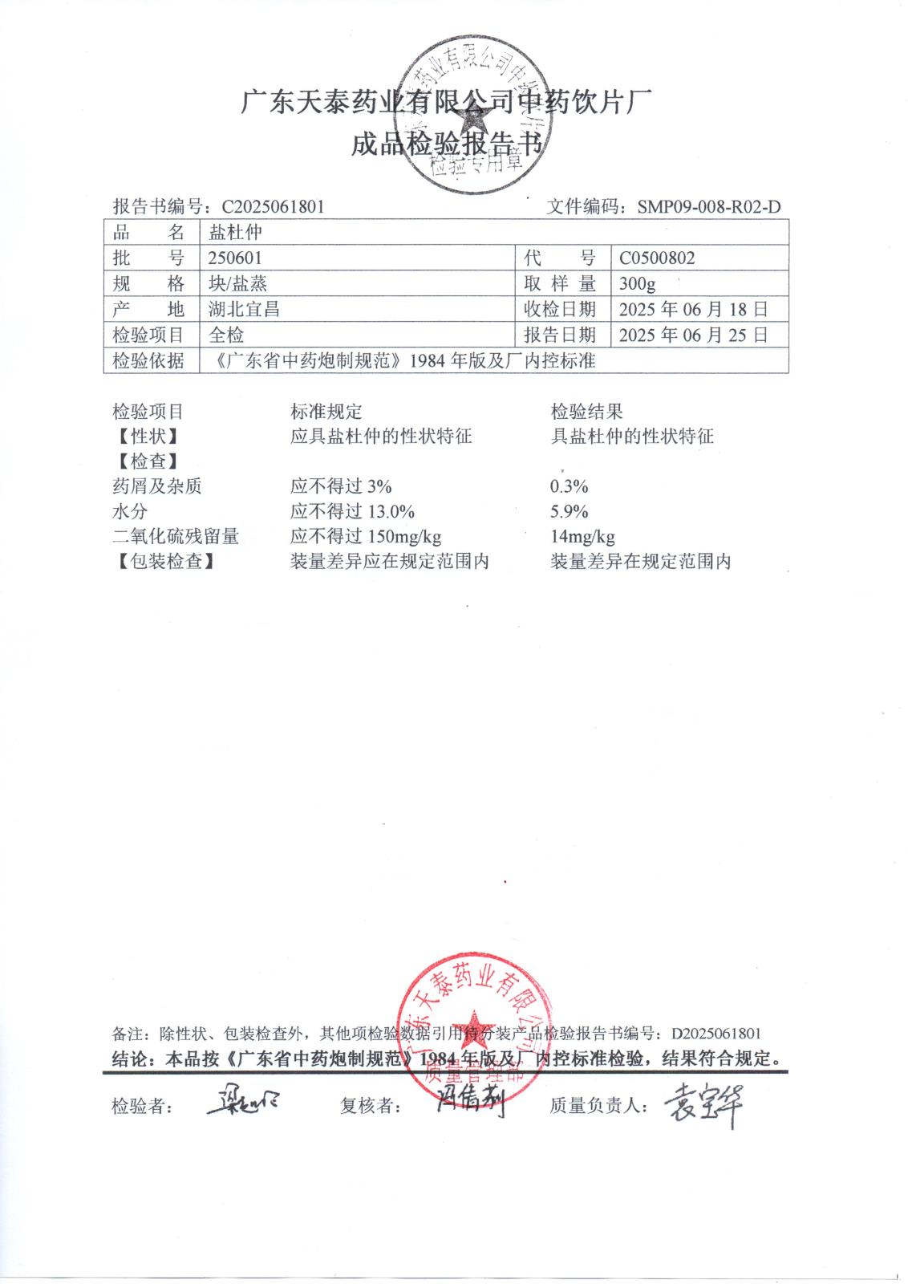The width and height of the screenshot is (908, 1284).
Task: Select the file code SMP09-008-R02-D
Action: point(709,207)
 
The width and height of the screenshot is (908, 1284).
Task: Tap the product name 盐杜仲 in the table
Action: point(235,233)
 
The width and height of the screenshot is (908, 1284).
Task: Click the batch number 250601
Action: point(235,258)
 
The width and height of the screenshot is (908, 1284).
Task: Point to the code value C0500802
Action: point(657,258)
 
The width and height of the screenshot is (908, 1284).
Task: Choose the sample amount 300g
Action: point(638,284)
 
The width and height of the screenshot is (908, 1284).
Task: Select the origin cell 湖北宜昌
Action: point(244,310)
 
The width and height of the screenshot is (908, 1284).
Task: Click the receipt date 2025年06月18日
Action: point(693,310)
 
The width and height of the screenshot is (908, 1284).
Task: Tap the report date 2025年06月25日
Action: point(693,335)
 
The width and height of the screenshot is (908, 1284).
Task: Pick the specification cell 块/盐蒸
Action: point(237,284)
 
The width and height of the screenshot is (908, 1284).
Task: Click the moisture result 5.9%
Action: point(570,512)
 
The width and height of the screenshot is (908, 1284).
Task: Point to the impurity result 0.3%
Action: point(570,486)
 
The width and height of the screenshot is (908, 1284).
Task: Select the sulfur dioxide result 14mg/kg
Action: point(582,537)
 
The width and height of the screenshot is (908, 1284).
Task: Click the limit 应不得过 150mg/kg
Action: point(366,537)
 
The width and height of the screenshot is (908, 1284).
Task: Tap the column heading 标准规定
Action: point(326,412)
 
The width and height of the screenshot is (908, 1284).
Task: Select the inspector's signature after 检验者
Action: point(242,1103)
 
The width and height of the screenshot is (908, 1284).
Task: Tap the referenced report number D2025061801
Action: point(715,1034)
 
